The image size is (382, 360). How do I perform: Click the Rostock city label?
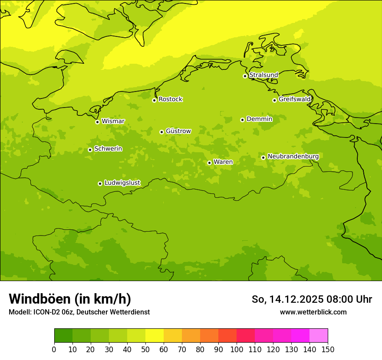pos(170,99)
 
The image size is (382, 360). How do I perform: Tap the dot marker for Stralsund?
pos(245,76)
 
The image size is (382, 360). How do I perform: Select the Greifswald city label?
pos(295,99)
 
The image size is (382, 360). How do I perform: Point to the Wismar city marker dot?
pos(97,122)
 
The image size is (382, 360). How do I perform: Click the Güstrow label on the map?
pos(178,131)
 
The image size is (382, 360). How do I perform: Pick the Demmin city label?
pos(259,119)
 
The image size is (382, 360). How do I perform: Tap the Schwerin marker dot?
pos(90,150)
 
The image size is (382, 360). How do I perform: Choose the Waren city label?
pos(223,162)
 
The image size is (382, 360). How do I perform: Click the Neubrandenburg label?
pos(293,156)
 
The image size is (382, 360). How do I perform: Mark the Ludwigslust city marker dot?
pos(100,183)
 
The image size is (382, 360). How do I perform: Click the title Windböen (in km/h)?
pos(70,299)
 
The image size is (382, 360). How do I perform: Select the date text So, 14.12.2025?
pos(287,299)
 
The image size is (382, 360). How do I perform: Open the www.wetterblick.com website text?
pos(313,312)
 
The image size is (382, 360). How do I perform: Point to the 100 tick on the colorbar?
pos(237,349)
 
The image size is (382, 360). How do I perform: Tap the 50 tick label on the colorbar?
pos(145,349)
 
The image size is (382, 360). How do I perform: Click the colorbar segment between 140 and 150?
pos(319,336)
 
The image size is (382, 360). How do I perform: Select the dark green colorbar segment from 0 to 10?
pos(63,336)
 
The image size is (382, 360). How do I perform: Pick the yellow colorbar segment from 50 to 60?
pos(155,336)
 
